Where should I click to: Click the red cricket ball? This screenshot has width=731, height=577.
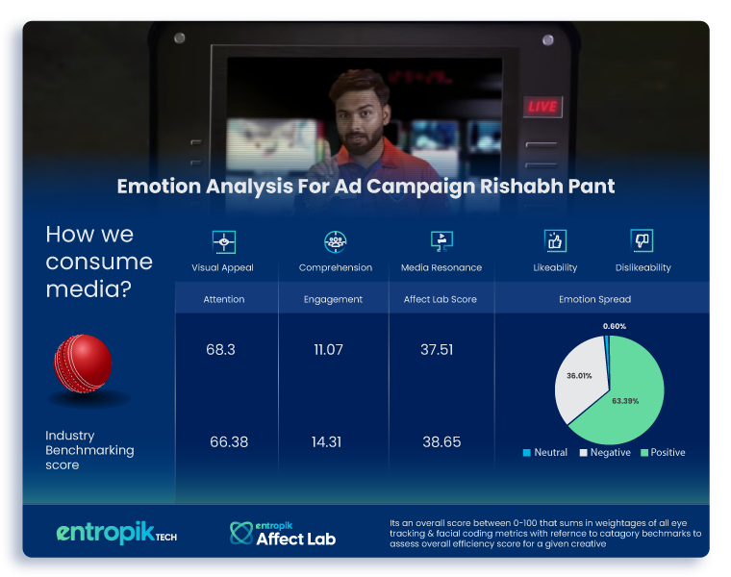pos(83,364)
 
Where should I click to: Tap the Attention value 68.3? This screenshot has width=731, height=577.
pos(220,349)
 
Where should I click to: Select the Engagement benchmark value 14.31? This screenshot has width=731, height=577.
pos(326,441)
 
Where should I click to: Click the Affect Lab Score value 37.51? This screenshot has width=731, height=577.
pos(437,349)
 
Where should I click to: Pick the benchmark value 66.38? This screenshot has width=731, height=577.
pos(229,441)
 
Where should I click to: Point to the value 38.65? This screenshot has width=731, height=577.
pos(441,441)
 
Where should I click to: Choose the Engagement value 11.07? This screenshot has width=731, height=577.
pos(329,349)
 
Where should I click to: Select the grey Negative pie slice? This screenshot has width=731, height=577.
pos(580,378)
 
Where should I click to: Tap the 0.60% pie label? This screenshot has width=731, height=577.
pos(615,326)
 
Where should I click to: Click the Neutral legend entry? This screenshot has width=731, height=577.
pos(545,453)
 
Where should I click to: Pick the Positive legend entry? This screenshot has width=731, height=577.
pos(663,453)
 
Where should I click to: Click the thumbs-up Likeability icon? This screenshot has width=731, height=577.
pos(555,241)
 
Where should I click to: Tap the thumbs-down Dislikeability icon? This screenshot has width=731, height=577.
pos(642,240)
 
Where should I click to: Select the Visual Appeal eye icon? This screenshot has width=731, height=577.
pos(224,242)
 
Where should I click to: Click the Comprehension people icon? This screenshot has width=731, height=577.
pos(335,242)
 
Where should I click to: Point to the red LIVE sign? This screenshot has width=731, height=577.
pos(542,107)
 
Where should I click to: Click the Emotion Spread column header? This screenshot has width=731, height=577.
pos(594,299)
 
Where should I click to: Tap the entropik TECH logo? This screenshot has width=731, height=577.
pos(116,533)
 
